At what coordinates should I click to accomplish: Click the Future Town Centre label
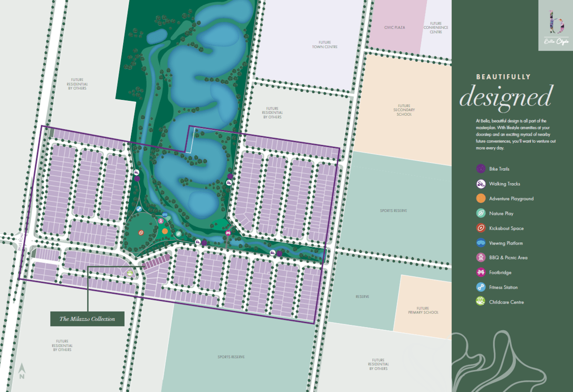click(325, 44)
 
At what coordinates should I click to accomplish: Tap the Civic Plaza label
click(394, 28)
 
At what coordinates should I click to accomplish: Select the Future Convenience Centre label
click(435, 27)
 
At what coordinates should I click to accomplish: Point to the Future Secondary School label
click(404, 110)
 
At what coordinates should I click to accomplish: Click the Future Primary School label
click(423, 310)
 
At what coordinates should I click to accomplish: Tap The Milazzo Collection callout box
click(87, 319)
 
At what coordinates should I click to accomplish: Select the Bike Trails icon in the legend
click(481, 169)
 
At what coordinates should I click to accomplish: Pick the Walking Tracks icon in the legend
click(481, 184)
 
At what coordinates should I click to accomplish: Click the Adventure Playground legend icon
click(481, 198)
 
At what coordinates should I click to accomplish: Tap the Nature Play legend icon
click(481, 213)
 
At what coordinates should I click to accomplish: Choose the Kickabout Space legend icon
click(481, 228)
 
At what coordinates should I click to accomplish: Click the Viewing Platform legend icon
click(481, 243)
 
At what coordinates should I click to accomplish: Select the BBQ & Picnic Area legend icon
click(481, 258)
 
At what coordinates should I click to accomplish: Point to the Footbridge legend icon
click(481, 272)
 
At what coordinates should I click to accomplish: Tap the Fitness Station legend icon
click(481, 287)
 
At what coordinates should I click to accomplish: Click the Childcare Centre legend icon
click(481, 302)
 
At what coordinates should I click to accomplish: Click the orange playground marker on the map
click(165, 231)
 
